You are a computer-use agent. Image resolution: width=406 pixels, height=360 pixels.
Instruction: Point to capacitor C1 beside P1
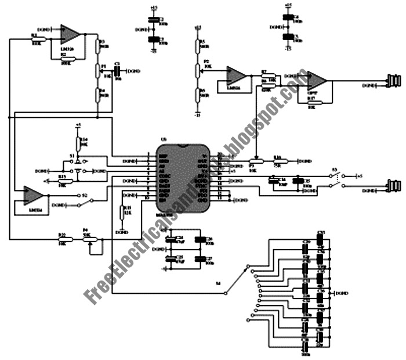[x=118, y=71]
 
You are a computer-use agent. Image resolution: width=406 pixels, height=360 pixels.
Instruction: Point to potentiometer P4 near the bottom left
[x=89, y=239]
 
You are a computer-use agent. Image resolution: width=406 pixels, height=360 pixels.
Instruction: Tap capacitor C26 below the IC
[x=200, y=239]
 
